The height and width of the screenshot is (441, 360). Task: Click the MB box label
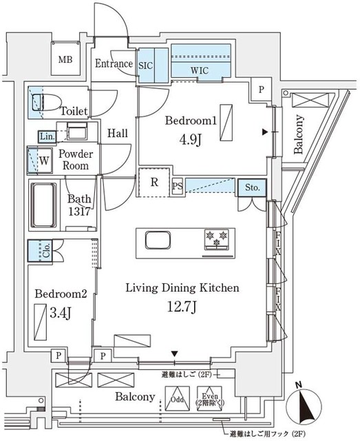[65, 60]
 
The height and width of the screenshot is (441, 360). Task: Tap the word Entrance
[114, 64]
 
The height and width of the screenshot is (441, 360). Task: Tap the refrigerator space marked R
[155, 183]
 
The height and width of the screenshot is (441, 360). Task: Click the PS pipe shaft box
[177, 186]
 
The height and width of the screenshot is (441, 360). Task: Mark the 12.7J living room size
[181, 307]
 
